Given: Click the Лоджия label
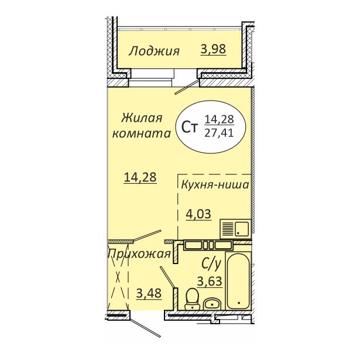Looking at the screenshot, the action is click(x=154, y=51).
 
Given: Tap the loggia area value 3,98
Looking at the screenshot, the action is click(x=213, y=49).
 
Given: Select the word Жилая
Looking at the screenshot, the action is click(x=142, y=118).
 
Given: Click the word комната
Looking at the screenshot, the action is click(x=142, y=133).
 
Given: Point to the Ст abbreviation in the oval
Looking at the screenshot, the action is click(x=190, y=127).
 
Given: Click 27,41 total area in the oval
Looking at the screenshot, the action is click(x=219, y=133).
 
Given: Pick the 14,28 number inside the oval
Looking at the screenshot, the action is click(x=219, y=119).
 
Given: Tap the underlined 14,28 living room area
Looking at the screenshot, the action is click(x=140, y=177).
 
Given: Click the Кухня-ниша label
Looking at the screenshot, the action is click(x=215, y=185).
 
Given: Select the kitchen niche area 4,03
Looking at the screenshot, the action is click(x=198, y=214).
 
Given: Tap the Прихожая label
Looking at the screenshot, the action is click(x=139, y=255).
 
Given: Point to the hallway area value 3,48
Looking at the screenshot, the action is click(x=149, y=293).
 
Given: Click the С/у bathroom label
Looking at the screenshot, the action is click(x=211, y=264).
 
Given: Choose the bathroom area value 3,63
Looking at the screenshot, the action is click(x=210, y=281).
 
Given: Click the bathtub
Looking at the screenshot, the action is click(x=239, y=280).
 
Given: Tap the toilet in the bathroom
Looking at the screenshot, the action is click(x=192, y=299).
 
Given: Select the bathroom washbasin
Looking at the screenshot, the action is click(x=212, y=304).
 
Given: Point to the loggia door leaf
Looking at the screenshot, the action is click(x=187, y=87).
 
